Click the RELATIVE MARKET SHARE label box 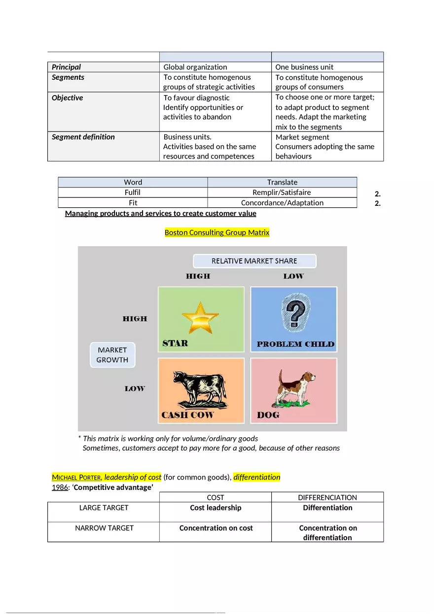(254, 261)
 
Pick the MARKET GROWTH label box (112, 355)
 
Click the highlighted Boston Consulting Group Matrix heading (217, 232)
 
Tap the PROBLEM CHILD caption (295, 344)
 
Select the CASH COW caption (187, 415)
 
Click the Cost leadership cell (216, 508)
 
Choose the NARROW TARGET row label (104, 528)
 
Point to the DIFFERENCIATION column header (327, 497)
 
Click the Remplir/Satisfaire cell (282, 193)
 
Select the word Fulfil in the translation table (133, 193)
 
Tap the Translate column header (282, 182)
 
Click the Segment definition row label (83, 137)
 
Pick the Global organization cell (195, 67)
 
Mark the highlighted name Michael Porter (77, 477)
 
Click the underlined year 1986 (60, 487)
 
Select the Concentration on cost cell (216, 528)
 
